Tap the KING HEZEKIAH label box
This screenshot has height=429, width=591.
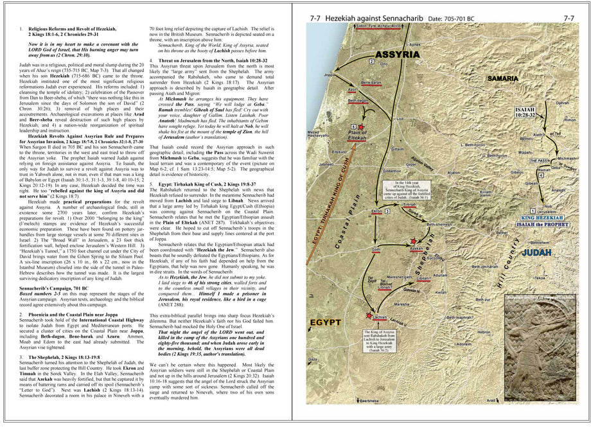tap(532, 218)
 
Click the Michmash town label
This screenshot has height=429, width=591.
tap(567, 158)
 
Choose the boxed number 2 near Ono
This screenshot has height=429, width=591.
tap(371, 60)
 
